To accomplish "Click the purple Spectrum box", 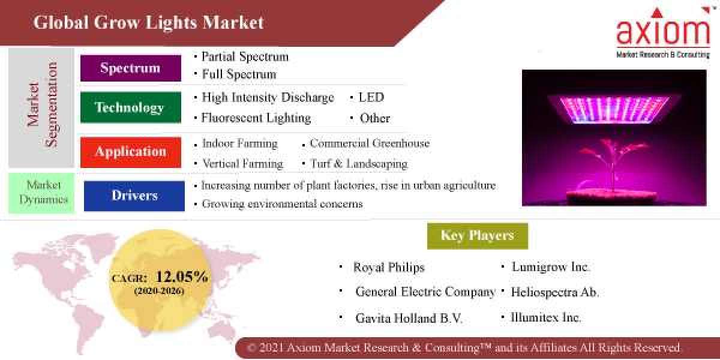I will point(130,68).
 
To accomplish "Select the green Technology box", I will point(130,108).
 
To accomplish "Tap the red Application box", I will point(130,152).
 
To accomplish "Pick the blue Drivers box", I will point(134,196).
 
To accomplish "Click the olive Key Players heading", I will point(477,236).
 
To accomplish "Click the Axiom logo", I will point(663,34).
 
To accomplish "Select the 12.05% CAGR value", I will point(182,277).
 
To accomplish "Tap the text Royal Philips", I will point(389,268).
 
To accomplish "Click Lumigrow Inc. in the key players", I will point(551,267).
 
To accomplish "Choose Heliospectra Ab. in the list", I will point(554,293).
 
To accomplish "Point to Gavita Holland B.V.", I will point(409,319).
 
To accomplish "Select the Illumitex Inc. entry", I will point(545,317).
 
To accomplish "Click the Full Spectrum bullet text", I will point(239,74).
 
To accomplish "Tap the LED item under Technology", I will point(371,97).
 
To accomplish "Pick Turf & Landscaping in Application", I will point(359,164).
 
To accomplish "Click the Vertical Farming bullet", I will point(242,164).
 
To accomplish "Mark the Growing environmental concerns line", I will point(282,204).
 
